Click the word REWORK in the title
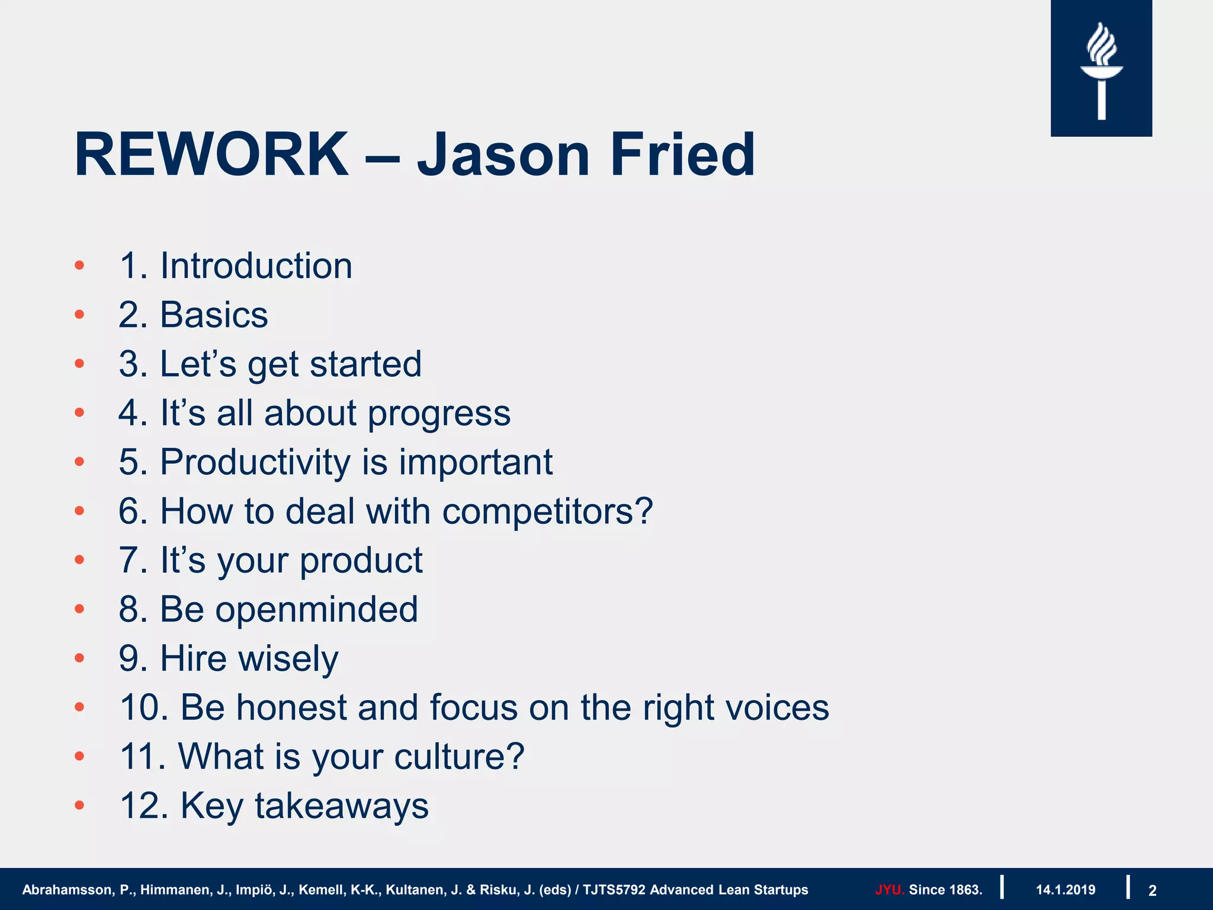(x=211, y=155)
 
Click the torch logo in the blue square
(x=1101, y=70)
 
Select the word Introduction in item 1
(x=256, y=266)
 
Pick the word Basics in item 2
(x=214, y=315)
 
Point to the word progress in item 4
(x=439, y=414)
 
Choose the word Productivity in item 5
(x=255, y=463)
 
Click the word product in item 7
(x=361, y=561)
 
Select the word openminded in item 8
(x=316, y=610)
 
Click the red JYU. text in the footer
(x=888, y=890)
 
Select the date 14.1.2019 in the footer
(x=1065, y=890)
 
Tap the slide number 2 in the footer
(x=1152, y=890)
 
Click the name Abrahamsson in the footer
(x=66, y=890)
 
